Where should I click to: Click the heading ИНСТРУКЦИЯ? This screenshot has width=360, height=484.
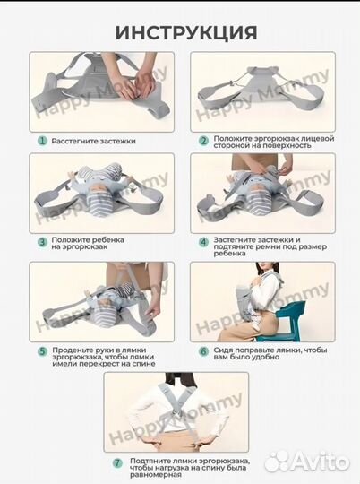pyautogui.click(x=186, y=33)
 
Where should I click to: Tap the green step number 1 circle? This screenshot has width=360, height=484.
pyautogui.click(x=42, y=141)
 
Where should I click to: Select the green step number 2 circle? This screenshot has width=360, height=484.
pyautogui.click(x=203, y=141)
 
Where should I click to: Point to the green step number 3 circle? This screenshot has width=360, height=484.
pyautogui.click(x=42, y=242)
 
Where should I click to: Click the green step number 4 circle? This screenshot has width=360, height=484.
pyautogui.click(x=203, y=242)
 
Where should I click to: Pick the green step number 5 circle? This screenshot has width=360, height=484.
pyautogui.click(x=42, y=351)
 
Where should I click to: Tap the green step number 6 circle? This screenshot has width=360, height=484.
pyautogui.click(x=203, y=351)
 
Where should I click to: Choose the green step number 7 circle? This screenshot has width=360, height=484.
pyautogui.click(x=117, y=463)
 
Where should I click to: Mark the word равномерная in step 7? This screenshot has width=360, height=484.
pyautogui.click(x=155, y=475)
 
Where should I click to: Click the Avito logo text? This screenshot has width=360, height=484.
pyautogui.click(x=320, y=462)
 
